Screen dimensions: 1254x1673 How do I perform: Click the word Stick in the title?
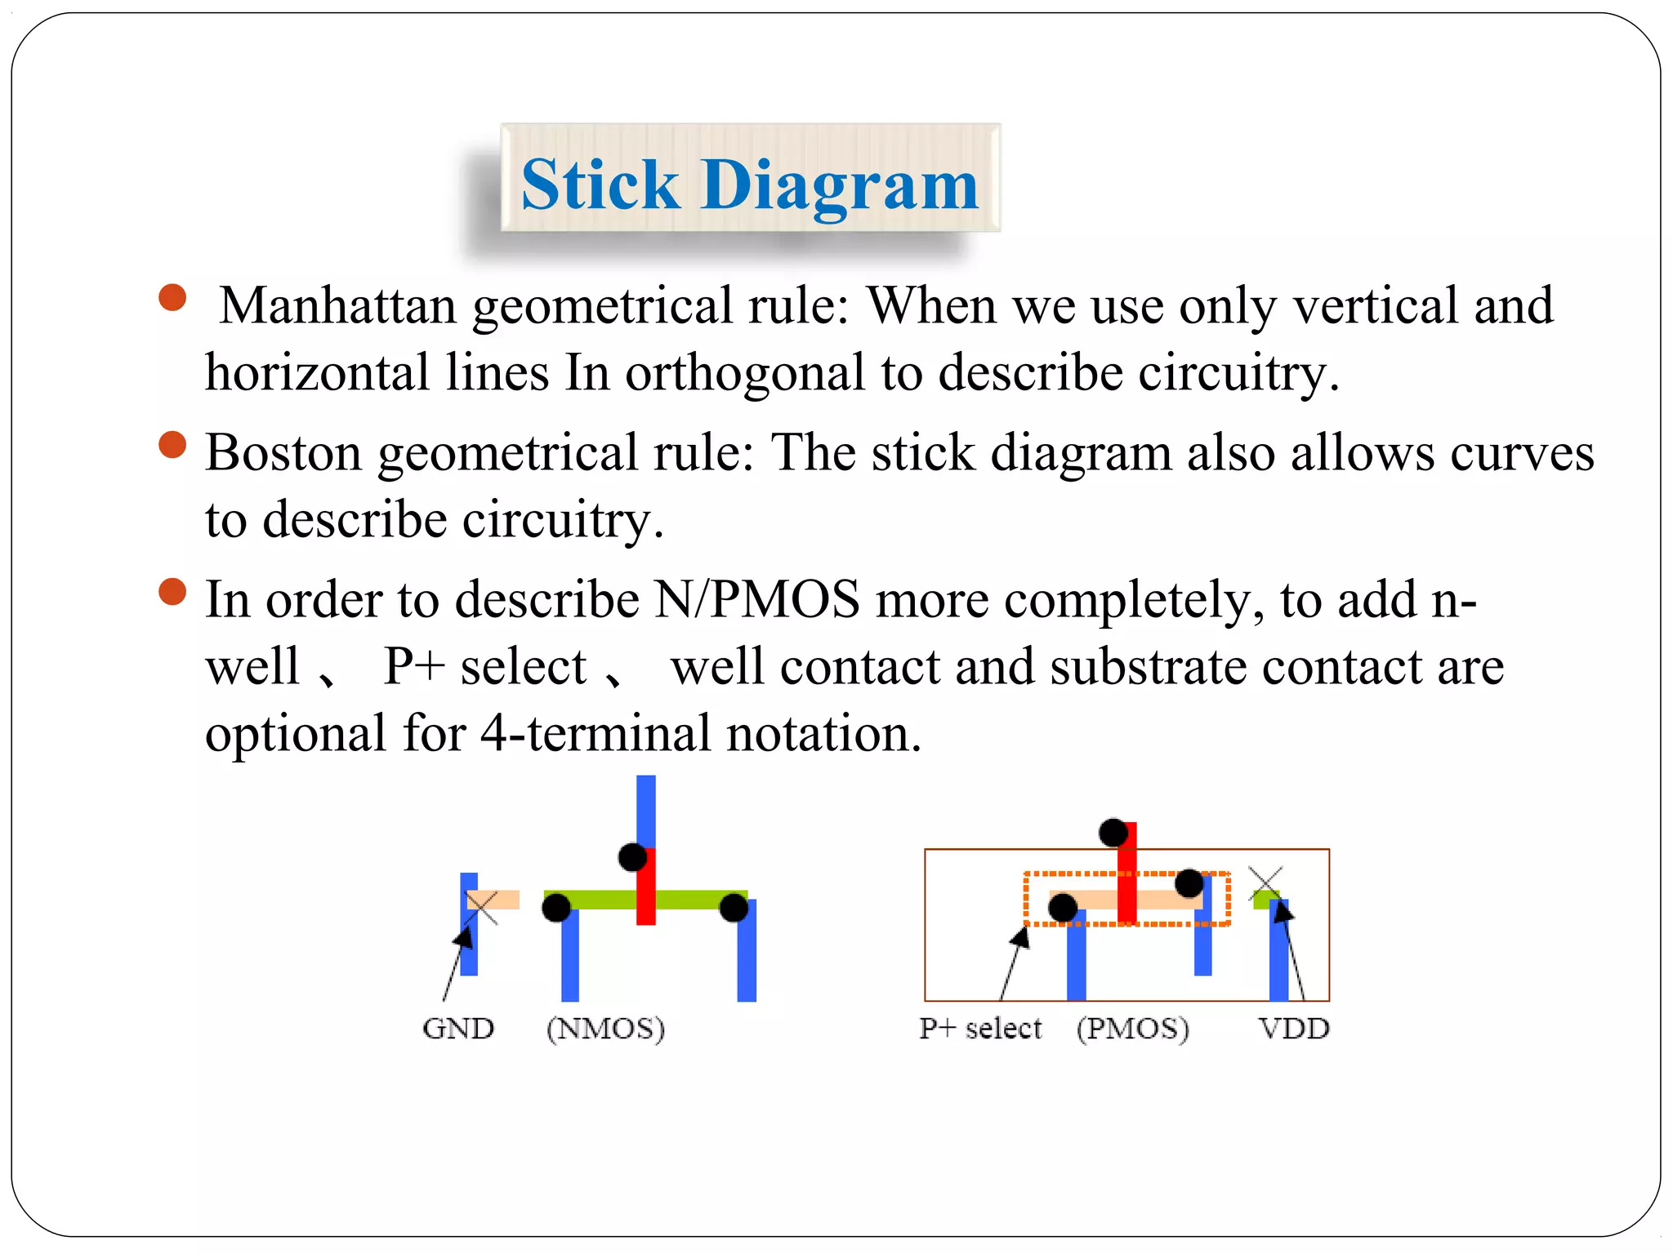(x=600, y=185)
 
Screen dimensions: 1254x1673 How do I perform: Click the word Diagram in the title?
(x=839, y=185)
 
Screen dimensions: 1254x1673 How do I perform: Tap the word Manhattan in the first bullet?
(x=337, y=305)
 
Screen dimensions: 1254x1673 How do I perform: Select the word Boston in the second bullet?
(x=283, y=453)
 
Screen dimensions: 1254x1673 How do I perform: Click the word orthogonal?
(x=744, y=373)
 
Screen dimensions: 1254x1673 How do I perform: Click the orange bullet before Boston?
(x=172, y=446)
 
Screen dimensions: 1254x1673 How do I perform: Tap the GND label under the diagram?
(x=458, y=1029)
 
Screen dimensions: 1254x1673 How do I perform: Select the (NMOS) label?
(x=605, y=1029)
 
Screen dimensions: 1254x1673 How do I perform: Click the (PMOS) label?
(x=1132, y=1029)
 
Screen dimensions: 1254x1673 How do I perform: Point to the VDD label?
(x=1294, y=1029)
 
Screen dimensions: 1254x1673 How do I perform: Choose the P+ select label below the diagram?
(x=980, y=1029)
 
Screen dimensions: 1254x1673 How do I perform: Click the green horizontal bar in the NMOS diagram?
(x=596, y=900)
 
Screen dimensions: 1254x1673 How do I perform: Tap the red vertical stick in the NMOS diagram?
(x=646, y=890)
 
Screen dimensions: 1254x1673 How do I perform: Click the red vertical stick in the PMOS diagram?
(x=1127, y=865)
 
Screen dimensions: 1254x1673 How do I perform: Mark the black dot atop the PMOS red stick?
(x=1113, y=833)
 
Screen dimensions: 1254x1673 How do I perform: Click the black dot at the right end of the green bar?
(x=734, y=907)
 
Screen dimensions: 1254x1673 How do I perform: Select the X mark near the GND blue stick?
(x=482, y=907)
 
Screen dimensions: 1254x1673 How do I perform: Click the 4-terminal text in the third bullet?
(x=595, y=733)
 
